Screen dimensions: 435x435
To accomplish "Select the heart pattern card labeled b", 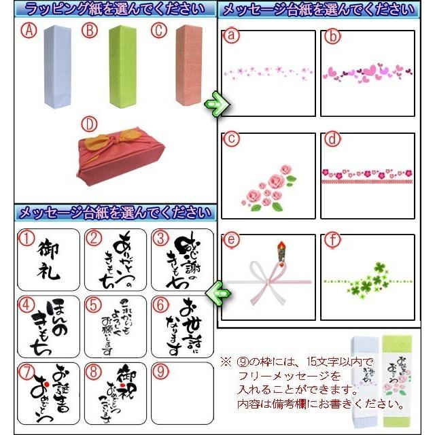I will (367, 73).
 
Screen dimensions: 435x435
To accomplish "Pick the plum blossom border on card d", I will (367, 175).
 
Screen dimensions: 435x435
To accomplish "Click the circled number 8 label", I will (93, 371).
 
